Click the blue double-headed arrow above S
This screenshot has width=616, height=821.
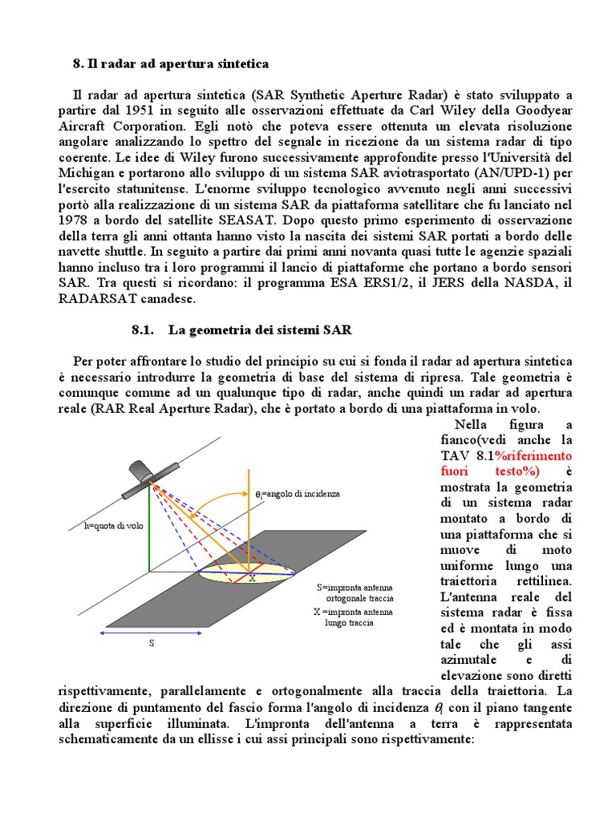(151, 633)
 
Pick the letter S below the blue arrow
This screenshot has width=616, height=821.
(151, 642)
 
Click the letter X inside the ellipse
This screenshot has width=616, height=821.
(251, 577)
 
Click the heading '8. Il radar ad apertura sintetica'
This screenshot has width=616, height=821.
(170, 63)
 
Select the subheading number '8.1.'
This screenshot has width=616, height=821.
(141, 330)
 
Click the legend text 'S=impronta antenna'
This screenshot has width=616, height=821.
(355, 587)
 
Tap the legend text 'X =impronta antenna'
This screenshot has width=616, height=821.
(354, 609)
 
